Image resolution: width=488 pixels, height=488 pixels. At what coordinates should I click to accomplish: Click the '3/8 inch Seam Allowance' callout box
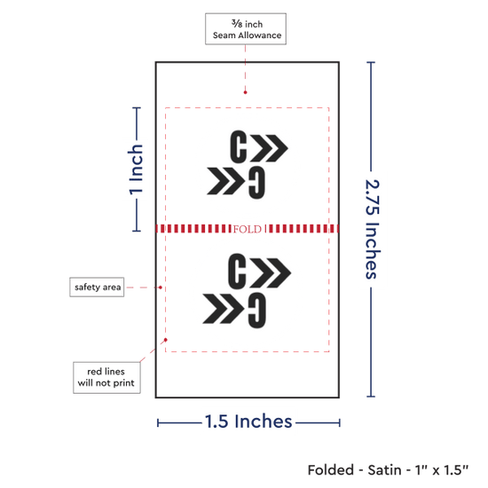(x=246, y=29)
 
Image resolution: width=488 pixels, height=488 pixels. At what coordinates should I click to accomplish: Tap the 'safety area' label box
(x=97, y=287)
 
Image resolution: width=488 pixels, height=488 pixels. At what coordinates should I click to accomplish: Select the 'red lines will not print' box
(x=106, y=377)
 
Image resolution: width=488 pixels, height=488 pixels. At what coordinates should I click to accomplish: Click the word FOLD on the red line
(x=248, y=229)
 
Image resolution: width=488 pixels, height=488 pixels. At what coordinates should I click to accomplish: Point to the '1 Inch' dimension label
(x=136, y=170)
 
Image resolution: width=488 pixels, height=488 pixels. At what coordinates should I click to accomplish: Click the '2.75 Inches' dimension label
(x=372, y=229)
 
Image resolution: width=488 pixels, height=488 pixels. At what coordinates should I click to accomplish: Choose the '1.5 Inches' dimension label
(x=248, y=421)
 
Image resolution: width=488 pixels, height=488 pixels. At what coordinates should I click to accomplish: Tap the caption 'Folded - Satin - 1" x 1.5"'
(x=388, y=470)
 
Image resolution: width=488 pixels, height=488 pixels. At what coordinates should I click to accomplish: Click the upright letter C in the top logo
(x=239, y=146)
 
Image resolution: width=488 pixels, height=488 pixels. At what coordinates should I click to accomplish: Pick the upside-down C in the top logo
(x=257, y=183)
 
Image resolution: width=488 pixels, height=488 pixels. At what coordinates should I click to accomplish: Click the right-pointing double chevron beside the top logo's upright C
(x=270, y=148)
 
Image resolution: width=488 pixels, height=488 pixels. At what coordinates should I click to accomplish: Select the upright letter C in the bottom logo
(x=237, y=272)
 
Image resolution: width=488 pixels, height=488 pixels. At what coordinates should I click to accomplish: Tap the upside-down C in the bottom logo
(x=257, y=311)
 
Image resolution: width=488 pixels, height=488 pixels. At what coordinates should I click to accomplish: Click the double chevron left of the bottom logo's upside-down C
(x=224, y=309)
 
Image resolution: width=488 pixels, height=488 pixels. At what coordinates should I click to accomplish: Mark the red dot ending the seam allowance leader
(x=245, y=92)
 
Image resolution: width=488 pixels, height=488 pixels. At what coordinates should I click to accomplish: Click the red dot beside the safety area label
(x=161, y=287)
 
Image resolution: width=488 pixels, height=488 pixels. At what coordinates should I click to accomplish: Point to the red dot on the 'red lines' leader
(x=166, y=340)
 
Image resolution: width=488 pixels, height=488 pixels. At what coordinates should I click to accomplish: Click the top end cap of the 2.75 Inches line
(x=371, y=62)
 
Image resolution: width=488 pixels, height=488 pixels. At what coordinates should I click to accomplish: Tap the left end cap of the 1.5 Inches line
(x=158, y=423)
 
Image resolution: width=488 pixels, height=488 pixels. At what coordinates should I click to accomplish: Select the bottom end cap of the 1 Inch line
(x=137, y=231)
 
